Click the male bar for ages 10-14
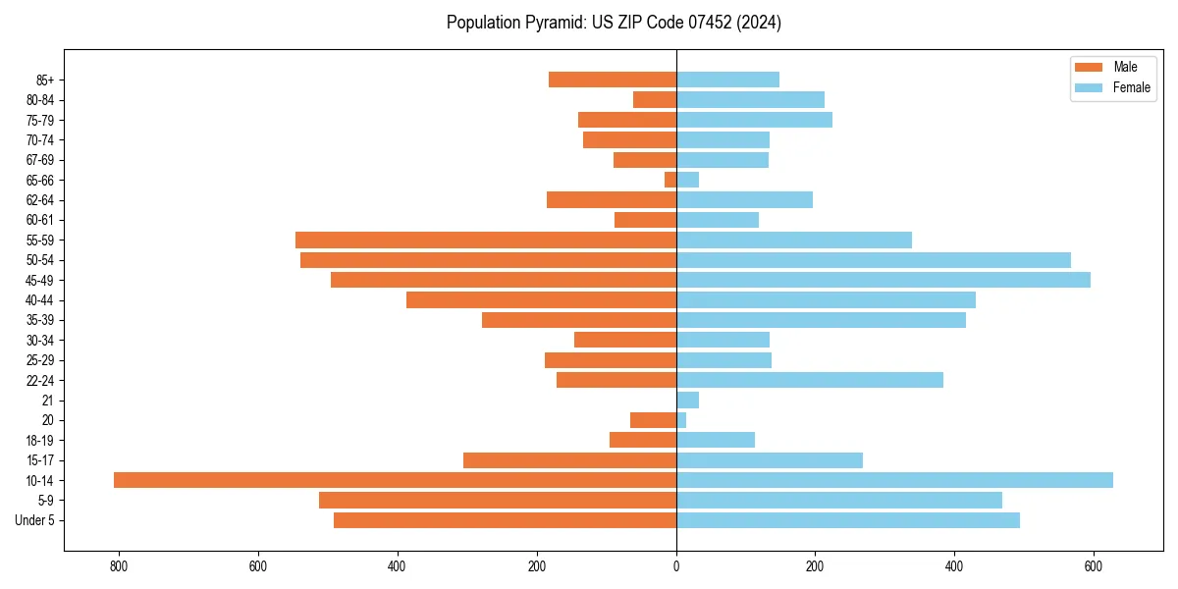(395, 480)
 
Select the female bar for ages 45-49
(883, 280)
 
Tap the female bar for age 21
(687, 400)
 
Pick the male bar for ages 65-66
(670, 180)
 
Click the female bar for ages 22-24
(810, 380)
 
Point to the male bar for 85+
(613, 80)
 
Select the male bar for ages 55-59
(486, 240)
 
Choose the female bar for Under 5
(848, 520)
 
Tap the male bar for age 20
(653, 420)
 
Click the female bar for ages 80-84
(750, 99)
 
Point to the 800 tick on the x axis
(119, 566)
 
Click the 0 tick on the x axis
(676, 566)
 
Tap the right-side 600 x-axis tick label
(1094, 566)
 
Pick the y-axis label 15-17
(40, 460)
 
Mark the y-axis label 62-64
(40, 200)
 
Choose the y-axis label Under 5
(34, 520)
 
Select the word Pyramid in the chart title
(551, 23)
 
